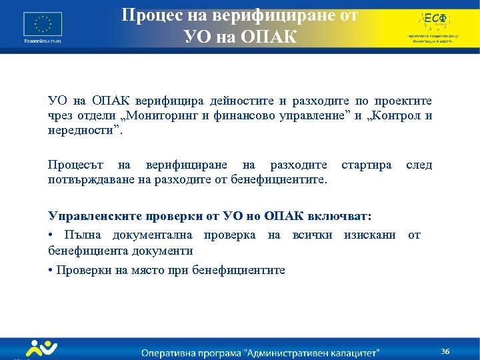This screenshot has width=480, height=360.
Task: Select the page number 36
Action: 445,351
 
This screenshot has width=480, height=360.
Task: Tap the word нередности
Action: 84,131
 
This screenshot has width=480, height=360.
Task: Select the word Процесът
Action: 74,165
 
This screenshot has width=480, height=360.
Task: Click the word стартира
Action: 366,165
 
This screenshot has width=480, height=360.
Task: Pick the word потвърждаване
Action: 89,179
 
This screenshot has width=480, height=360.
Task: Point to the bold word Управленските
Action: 93,217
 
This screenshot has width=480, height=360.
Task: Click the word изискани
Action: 369,234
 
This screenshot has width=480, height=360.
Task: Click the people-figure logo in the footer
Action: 40,348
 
